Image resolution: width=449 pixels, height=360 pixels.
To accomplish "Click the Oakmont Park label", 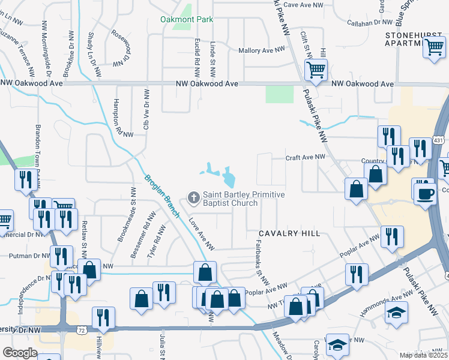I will (187, 19).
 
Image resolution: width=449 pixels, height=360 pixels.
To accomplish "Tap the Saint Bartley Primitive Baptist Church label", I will (243, 199).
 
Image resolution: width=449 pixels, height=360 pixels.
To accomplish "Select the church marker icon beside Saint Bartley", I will (193, 197).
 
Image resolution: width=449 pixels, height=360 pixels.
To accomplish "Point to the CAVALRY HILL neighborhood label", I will (289, 233).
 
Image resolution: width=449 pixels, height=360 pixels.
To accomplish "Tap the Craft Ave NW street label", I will (305, 157).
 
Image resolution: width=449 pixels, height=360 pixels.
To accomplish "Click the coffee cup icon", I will (426, 194).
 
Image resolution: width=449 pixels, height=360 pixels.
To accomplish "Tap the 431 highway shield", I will (438, 140).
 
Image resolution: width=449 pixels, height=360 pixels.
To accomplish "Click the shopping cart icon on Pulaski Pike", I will (315, 70).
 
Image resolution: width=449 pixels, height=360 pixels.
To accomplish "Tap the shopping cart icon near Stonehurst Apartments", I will (434, 47).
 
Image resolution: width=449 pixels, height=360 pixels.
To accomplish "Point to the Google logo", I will (20, 353).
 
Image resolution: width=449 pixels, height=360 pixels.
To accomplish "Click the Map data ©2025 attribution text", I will (423, 355).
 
